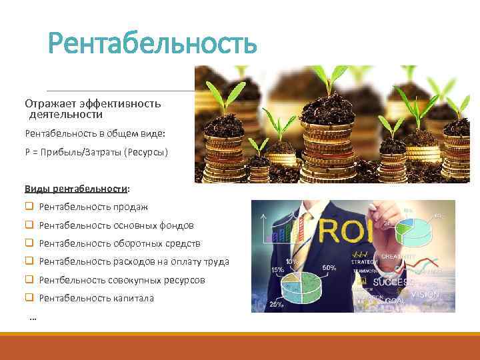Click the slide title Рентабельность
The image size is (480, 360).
pos(152,43)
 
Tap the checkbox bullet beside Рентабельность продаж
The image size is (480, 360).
pos(29,207)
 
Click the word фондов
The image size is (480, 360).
pos(177,225)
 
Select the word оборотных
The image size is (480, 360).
pos(137,243)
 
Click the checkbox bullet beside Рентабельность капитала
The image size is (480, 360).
pos(29,298)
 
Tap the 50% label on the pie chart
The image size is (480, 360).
pos(330,267)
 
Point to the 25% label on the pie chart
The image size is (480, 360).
pos(274,304)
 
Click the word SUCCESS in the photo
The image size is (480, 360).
pos(391,281)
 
